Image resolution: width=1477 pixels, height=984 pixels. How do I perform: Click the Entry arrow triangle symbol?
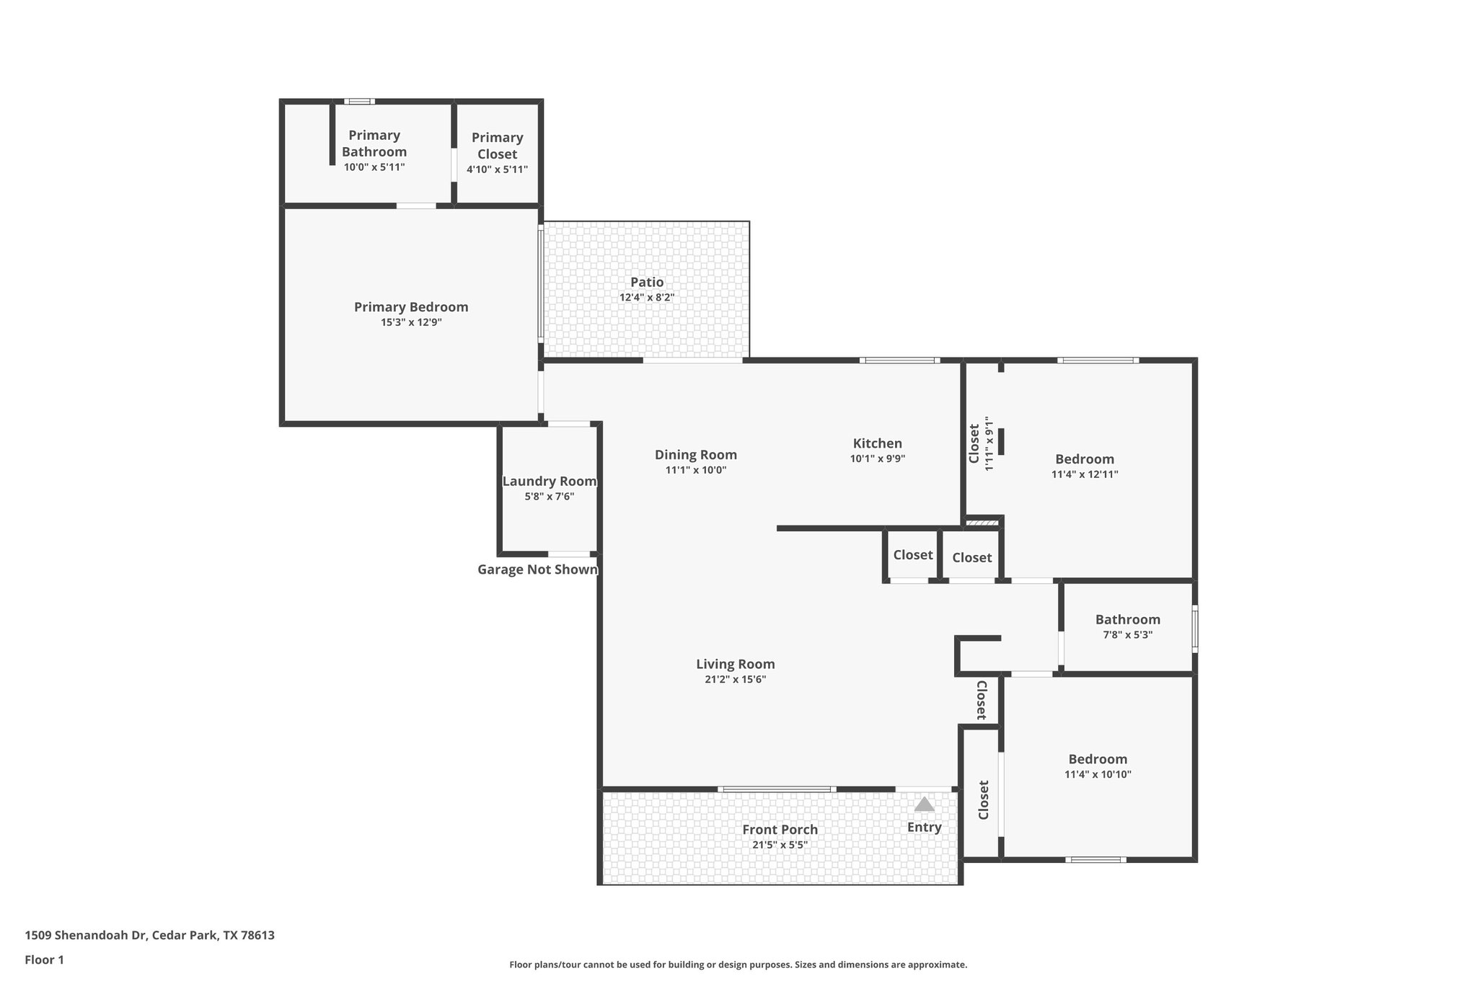[x=924, y=805]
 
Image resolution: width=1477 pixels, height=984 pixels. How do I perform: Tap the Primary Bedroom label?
[x=411, y=307]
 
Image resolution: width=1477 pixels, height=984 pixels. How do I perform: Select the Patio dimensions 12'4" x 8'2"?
[x=647, y=298]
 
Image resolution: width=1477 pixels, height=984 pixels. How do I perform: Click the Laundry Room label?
[x=550, y=482]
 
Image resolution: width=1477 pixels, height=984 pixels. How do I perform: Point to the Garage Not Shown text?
[x=537, y=569]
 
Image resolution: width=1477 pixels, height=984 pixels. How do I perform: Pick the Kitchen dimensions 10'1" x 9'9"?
[x=877, y=458]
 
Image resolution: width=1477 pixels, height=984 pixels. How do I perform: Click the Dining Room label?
[x=695, y=455]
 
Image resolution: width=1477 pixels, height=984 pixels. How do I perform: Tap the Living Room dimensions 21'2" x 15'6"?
[x=735, y=679]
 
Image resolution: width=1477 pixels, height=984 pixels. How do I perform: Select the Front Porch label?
[x=780, y=830]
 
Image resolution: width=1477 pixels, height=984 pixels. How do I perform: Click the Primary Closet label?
[x=497, y=146]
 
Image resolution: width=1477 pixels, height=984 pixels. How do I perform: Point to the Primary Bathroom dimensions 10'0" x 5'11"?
[x=374, y=167]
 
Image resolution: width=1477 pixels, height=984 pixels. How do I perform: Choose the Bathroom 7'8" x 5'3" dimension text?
[x=1127, y=635]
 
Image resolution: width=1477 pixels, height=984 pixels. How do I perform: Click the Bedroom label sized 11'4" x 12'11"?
[x=1084, y=459]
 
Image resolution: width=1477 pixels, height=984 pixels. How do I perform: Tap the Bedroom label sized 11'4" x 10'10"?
[x=1098, y=759]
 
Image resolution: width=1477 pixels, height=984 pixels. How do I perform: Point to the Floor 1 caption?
[x=44, y=959]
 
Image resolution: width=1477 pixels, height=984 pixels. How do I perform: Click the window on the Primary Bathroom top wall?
[x=359, y=102]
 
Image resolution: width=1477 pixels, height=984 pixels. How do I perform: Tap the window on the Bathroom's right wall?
[x=1194, y=629]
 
